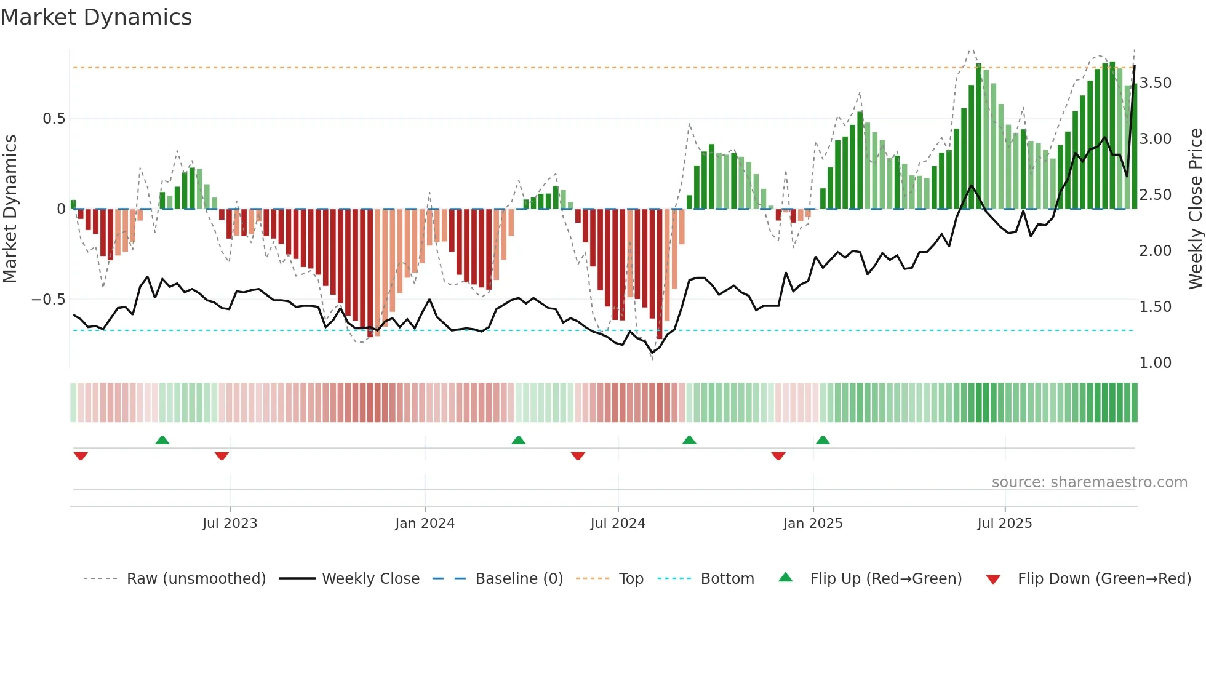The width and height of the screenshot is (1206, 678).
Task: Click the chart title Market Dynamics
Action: (x=96, y=17)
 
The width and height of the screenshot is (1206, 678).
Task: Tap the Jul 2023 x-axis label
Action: (x=230, y=524)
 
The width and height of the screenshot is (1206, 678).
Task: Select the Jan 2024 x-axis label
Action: (x=425, y=524)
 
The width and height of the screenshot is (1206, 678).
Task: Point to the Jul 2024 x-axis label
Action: (x=618, y=524)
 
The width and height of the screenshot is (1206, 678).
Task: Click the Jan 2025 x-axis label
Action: (x=813, y=524)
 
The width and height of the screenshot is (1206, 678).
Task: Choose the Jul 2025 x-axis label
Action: (x=1005, y=524)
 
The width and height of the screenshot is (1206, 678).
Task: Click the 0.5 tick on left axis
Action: (x=54, y=119)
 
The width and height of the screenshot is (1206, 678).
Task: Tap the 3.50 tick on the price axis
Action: (x=1155, y=83)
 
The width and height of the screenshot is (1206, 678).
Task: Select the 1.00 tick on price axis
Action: (x=1155, y=363)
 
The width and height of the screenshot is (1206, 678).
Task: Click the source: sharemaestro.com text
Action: (x=1089, y=482)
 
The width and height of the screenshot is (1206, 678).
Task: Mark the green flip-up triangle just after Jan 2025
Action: (x=823, y=441)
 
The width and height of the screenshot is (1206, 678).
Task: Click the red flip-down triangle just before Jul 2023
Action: (x=222, y=456)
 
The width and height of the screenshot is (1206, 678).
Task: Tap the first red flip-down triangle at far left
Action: (x=81, y=456)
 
